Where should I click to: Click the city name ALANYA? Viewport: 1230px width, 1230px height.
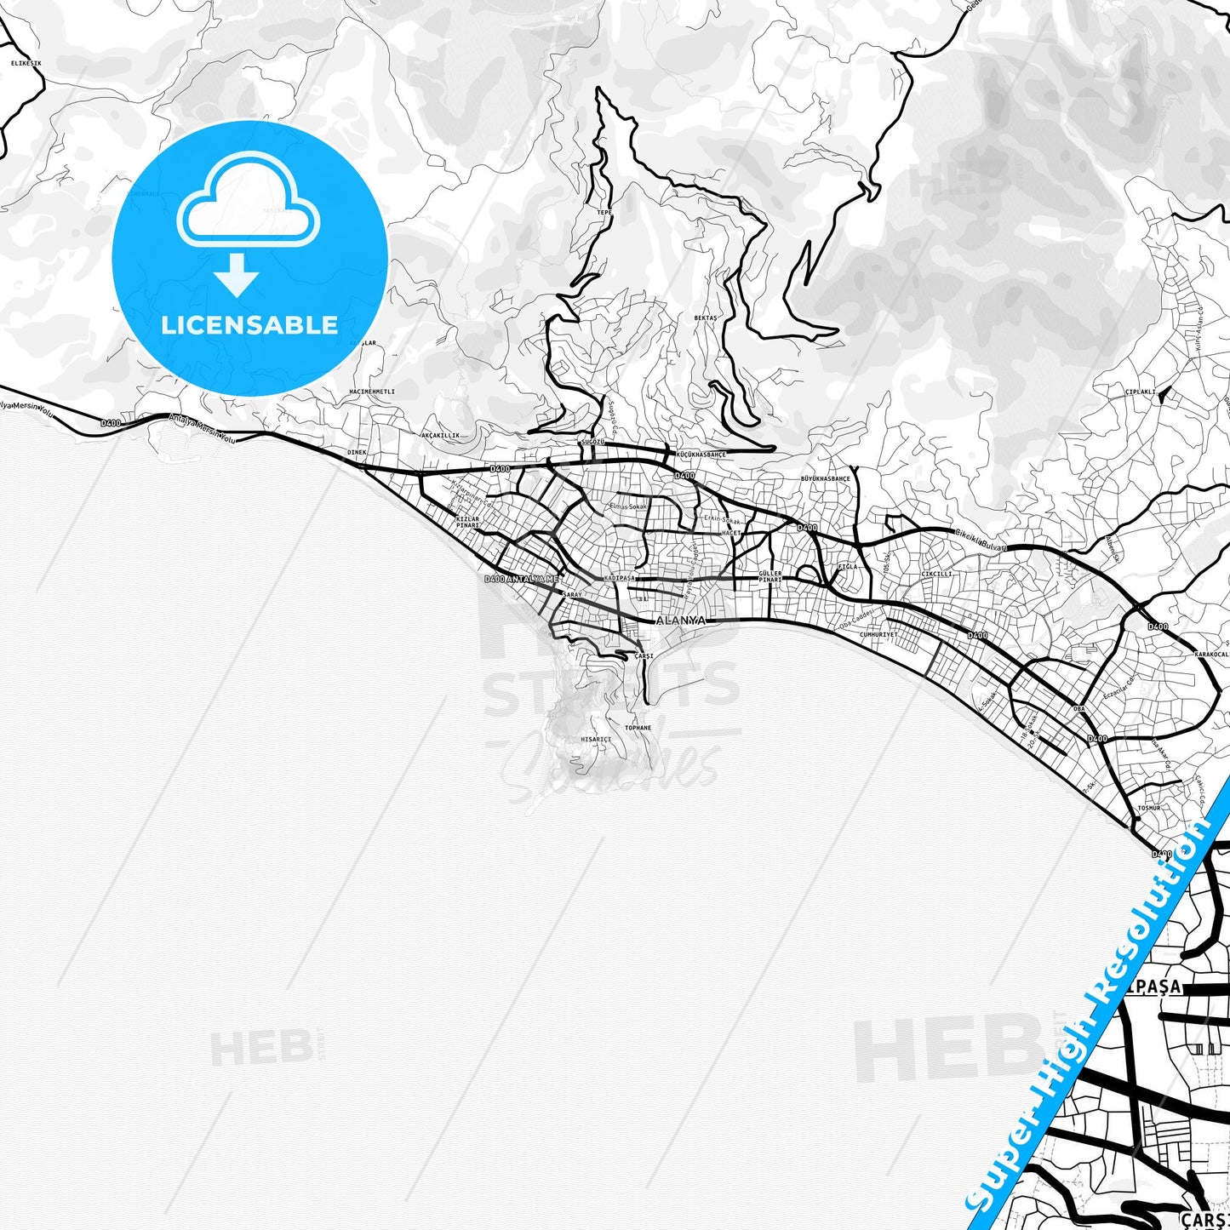pyautogui.click(x=681, y=621)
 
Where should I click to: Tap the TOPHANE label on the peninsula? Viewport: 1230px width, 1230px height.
pyautogui.click(x=638, y=728)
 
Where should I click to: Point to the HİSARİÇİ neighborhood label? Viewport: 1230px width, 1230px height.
pyautogui.click(x=596, y=740)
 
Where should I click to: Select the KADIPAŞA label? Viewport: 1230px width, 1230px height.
pyautogui.click(x=620, y=578)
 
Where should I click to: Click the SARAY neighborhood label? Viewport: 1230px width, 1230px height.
pyautogui.click(x=571, y=594)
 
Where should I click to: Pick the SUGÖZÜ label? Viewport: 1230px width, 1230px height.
pyautogui.click(x=591, y=443)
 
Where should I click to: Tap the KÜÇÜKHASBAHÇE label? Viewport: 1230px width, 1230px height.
pyautogui.click(x=701, y=455)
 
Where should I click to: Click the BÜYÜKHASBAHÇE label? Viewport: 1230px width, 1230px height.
pyautogui.click(x=826, y=479)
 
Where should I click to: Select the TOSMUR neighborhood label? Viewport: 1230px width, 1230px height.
pyautogui.click(x=1149, y=808)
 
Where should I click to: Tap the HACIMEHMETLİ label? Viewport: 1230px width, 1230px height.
pyautogui.click(x=372, y=392)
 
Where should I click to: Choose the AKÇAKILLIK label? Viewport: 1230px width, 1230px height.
pyautogui.click(x=441, y=435)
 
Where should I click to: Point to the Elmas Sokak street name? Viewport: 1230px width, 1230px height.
pyautogui.click(x=629, y=507)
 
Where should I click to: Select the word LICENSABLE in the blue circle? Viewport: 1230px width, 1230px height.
pyautogui.click(x=249, y=325)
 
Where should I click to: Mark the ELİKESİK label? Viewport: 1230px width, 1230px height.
pyautogui.click(x=26, y=63)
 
